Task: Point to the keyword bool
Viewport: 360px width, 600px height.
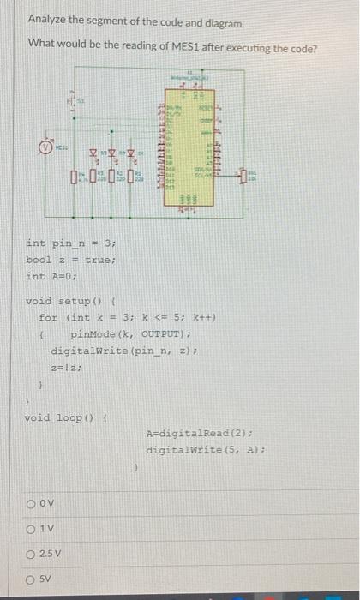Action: coord(39,260)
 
